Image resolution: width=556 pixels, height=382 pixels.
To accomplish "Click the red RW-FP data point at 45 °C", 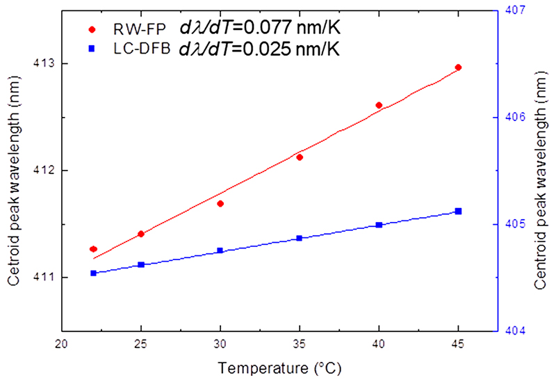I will [458, 67].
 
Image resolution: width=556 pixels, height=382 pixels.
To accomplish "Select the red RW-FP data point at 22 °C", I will [93, 249].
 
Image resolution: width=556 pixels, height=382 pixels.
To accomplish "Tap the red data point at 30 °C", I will [220, 204].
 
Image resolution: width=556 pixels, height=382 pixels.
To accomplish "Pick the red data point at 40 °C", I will [379, 105].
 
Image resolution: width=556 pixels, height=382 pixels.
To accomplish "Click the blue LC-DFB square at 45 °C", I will [458, 211].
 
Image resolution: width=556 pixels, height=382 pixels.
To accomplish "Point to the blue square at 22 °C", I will [93, 273].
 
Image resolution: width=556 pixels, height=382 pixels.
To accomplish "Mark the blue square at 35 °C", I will [300, 238].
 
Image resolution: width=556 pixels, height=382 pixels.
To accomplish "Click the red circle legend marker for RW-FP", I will [92, 30].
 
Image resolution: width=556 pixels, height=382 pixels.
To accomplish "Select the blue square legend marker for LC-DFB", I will [92, 49].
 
